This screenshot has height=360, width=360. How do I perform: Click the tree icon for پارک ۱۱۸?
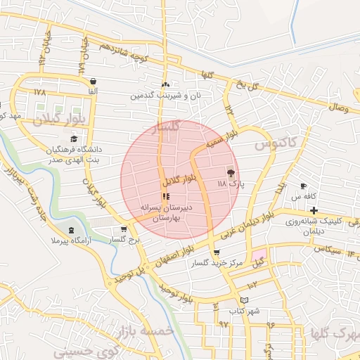click(231, 172)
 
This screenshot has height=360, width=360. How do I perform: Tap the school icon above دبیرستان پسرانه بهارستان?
click(165, 198)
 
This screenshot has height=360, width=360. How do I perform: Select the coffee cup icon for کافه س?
click(304, 186)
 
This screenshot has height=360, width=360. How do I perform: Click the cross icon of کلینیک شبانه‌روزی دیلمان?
click(314, 210)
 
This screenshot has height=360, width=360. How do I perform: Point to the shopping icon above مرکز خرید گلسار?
click(216, 252)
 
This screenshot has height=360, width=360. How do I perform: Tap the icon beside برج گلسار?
click(124, 229)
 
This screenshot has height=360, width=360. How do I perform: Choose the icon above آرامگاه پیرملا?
click(70, 230)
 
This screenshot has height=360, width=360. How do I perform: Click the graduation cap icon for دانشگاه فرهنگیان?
click(74, 139)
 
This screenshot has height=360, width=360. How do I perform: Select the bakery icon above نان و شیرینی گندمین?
click(165, 84)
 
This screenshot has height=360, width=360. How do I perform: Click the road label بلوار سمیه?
click(219, 141)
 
